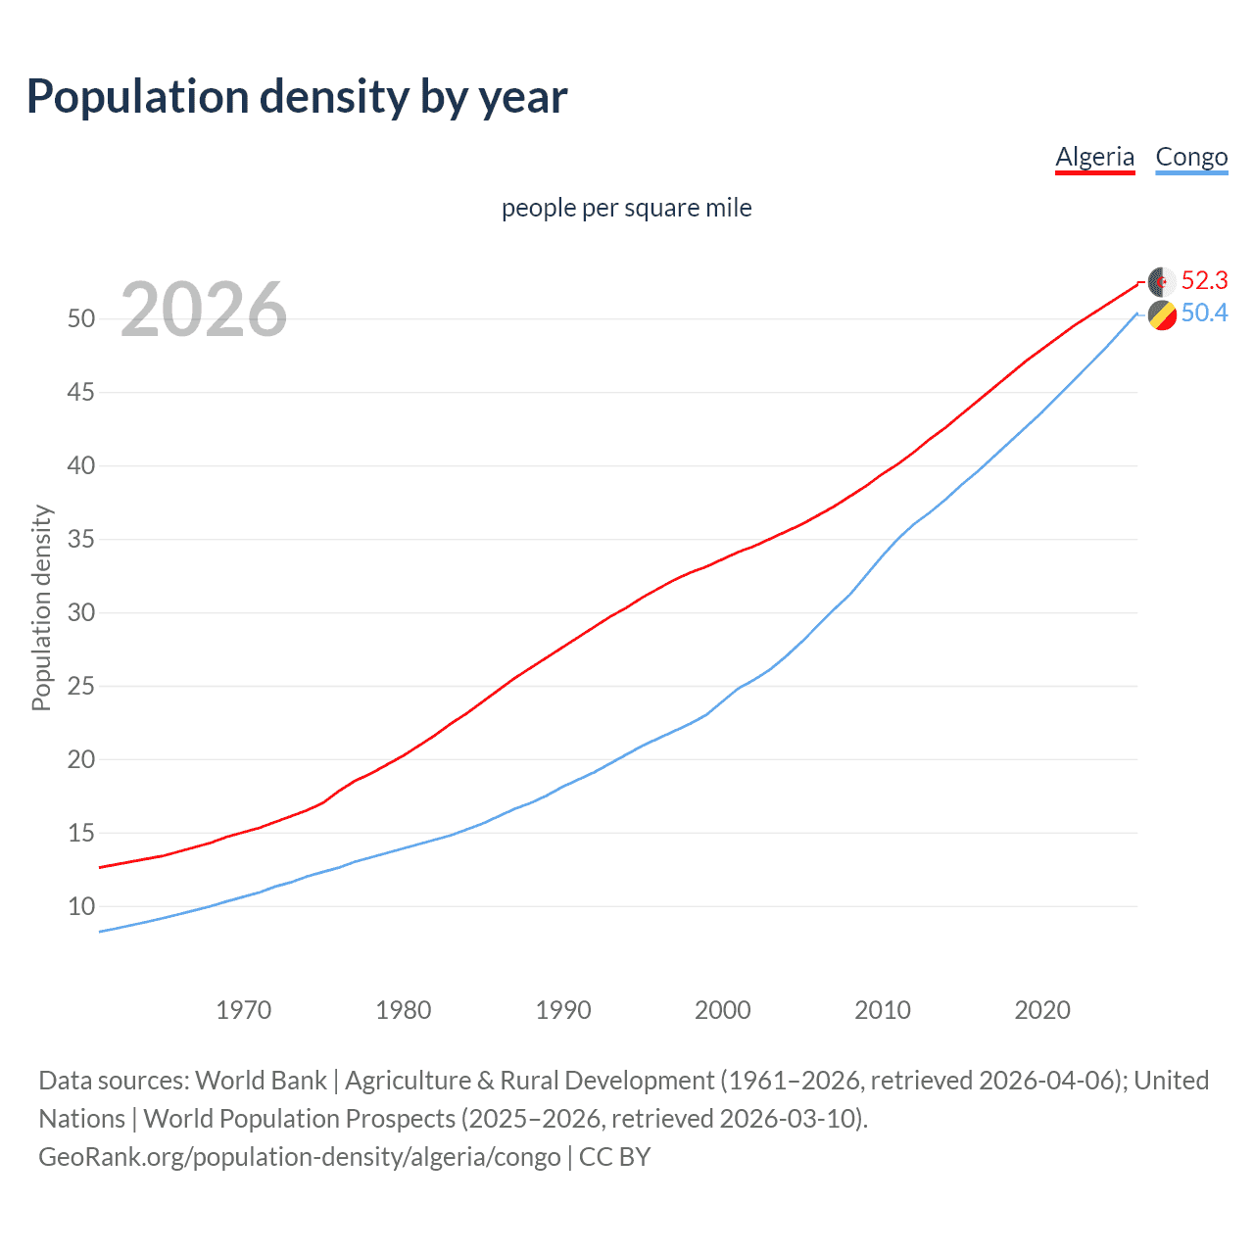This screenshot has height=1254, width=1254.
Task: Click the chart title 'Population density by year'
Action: (x=297, y=97)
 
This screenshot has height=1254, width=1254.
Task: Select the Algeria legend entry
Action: (x=1094, y=157)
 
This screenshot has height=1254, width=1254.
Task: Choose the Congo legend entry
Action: (x=1191, y=157)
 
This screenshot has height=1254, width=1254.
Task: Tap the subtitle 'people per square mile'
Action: (x=626, y=208)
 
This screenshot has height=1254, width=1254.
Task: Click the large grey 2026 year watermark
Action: (x=204, y=310)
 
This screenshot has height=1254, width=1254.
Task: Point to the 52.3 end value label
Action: (x=1204, y=281)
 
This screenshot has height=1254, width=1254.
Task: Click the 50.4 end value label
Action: (x=1204, y=313)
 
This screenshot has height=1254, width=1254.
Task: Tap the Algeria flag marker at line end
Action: (x=1162, y=281)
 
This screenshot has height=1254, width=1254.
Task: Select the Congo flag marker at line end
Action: (x=1162, y=315)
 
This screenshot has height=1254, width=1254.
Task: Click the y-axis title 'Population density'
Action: (x=41, y=607)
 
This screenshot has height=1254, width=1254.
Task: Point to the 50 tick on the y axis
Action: (x=81, y=319)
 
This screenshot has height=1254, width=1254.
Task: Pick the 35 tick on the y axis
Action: (x=81, y=540)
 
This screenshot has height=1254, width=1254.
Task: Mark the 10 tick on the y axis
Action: (x=81, y=907)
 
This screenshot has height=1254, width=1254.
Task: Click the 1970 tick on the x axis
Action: (x=244, y=1010)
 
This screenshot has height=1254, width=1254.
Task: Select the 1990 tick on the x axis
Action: (x=563, y=1010)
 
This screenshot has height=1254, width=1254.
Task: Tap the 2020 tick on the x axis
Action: (x=1042, y=1010)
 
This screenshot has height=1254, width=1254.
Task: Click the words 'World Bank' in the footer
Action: (x=261, y=1081)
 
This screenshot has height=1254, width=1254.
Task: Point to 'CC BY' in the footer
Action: (x=614, y=1157)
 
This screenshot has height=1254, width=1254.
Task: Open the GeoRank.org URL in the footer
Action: (x=300, y=1157)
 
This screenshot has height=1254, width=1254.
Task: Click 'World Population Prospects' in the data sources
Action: (x=300, y=1119)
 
